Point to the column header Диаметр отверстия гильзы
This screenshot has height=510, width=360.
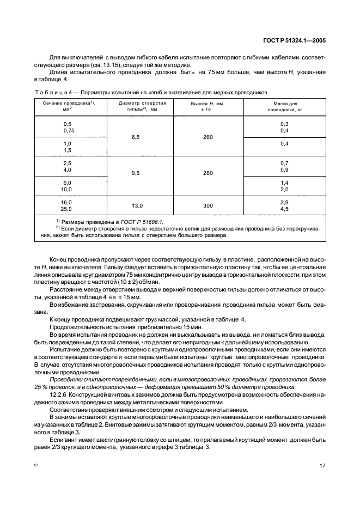point(138,106)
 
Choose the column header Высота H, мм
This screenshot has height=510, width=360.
point(207,106)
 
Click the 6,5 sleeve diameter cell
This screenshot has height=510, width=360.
point(137,137)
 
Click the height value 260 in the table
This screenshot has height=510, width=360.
point(208,137)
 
